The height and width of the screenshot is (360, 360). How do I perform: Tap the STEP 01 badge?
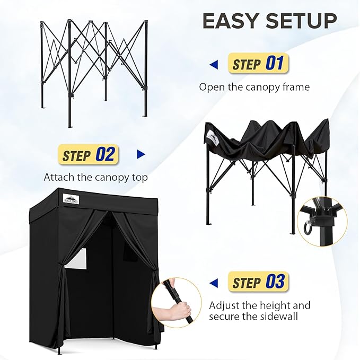(x=258, y=64)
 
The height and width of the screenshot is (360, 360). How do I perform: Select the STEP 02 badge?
(x=89, y=155)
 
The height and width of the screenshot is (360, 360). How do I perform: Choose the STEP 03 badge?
(x=258, y=282)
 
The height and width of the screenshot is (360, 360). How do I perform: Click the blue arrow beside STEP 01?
(x=214, y=65)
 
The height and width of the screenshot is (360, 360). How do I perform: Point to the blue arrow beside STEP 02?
(x=141, y=155)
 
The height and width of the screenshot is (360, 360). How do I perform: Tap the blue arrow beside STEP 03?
(x=214, y=282)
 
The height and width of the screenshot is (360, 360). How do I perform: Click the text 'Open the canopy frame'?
(x=254, y=86)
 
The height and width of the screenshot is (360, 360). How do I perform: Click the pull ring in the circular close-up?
(x=308, y=229)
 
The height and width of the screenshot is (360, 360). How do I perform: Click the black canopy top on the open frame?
(x=265, y=139)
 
